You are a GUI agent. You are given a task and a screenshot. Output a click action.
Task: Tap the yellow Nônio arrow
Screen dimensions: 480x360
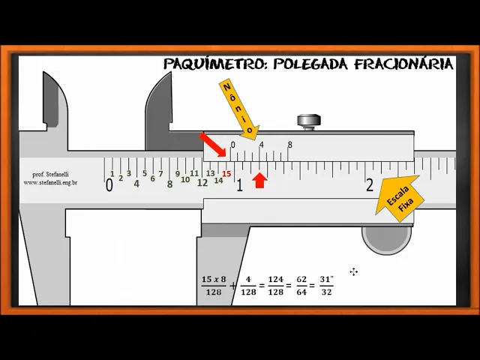(239, 109)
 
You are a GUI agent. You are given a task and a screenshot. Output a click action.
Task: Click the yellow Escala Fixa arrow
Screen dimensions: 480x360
(400, 197)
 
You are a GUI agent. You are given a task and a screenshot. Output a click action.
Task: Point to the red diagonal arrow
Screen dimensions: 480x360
(213, 145)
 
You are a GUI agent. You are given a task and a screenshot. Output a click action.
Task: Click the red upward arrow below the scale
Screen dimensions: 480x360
(259, 180)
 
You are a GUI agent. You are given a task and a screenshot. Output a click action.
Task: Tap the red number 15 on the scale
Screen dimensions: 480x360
(226, 174)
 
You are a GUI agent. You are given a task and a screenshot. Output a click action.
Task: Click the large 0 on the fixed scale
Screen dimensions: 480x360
(109, 185)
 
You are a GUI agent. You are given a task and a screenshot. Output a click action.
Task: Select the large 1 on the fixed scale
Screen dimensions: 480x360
(239, 185)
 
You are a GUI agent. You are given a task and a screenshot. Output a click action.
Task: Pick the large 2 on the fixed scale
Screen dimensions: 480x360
(370, 185)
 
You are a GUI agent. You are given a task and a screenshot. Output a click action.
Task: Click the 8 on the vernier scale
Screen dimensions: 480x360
(289, 145)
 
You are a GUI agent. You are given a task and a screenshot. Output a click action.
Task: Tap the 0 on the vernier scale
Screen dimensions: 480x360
(232, 145)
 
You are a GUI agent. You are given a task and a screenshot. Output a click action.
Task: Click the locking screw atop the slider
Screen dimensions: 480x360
(307, 121)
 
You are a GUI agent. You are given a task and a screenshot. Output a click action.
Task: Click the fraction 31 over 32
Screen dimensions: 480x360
(325, 286)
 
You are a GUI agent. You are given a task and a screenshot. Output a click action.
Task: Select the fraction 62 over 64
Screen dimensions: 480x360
(301, 286)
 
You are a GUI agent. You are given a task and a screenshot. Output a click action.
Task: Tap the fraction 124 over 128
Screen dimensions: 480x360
(275, 286)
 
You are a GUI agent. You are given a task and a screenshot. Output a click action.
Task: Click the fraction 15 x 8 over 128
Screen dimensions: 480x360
(214, 286)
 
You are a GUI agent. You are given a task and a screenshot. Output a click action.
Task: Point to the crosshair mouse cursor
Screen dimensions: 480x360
(354, 271)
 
